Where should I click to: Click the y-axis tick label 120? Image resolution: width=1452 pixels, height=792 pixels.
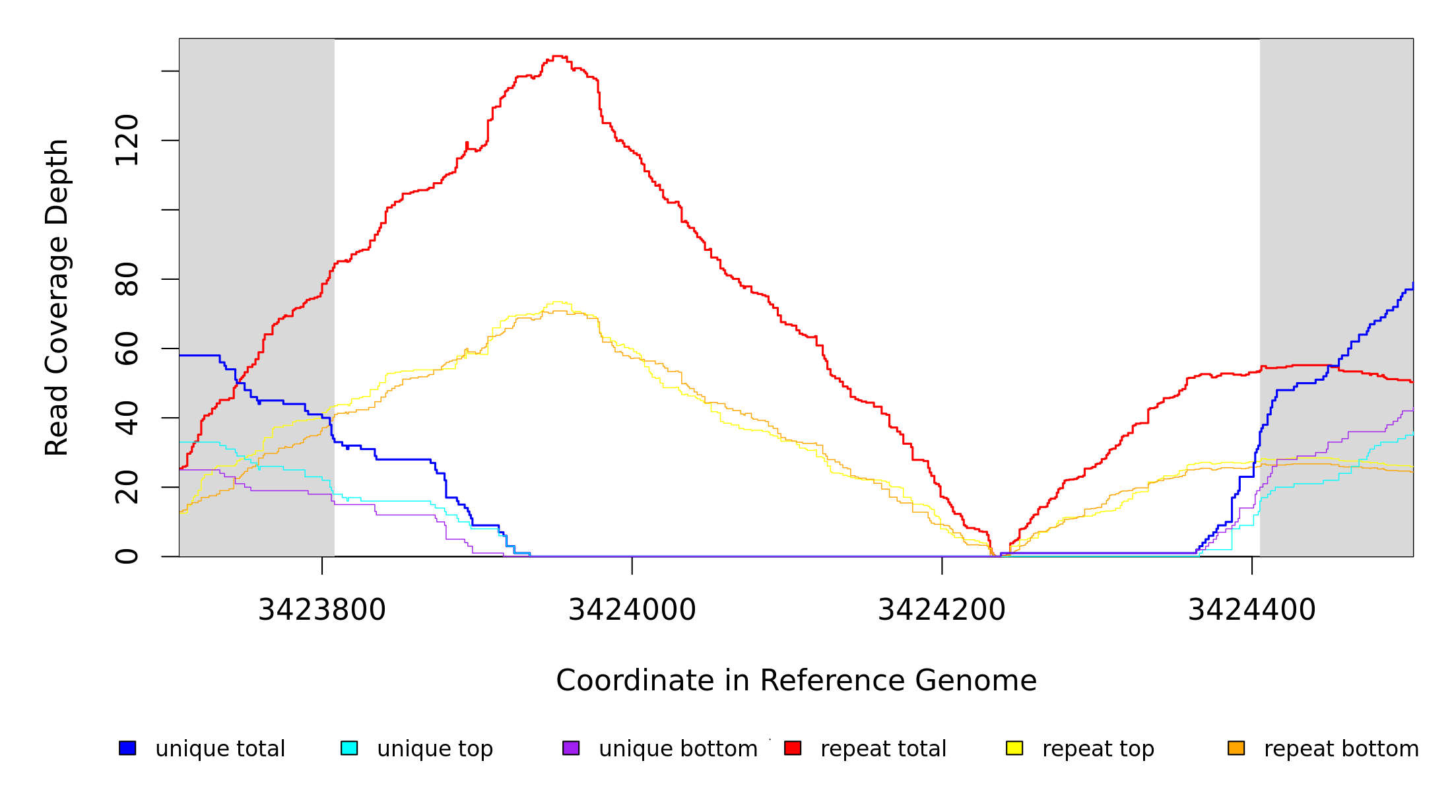[x=127, y=140]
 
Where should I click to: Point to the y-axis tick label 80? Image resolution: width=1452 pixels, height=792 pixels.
[x=127, y=279]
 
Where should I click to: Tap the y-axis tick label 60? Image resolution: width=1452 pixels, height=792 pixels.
[x=127, y=348]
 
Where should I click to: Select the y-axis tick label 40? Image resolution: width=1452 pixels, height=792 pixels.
[x=127, y=418]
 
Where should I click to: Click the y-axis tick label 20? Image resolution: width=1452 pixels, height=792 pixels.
[x=127, y=487]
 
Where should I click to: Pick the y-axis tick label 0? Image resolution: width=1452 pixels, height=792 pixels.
[x=127, y=556]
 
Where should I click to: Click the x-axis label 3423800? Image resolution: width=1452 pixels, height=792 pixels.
[x=322, y=610]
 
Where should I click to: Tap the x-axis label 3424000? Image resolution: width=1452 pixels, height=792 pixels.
[x=632, y=610]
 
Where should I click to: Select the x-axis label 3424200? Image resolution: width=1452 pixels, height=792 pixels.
[x=942, y=610]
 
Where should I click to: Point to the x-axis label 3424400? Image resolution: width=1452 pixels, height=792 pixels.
[x=1252, y=610]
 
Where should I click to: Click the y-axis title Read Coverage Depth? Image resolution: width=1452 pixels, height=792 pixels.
[x=57, y=297]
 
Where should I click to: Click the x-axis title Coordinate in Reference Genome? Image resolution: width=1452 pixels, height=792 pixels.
[x=796, y=680]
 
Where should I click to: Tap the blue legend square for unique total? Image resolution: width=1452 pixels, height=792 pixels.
[x=127, y=748]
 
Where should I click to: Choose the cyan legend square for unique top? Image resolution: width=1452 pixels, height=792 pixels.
[x=349, y=748]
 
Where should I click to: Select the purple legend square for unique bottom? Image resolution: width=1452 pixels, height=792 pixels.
[x=571, y=748]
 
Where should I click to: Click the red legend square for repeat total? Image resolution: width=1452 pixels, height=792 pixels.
[x=793, y=748]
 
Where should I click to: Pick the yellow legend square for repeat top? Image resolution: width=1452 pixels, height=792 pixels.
[x=1014, y=748]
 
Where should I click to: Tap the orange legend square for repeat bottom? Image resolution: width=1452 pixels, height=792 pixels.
[x=1236, y=748]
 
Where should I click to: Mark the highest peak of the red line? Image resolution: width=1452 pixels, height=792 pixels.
[x=558, y=56]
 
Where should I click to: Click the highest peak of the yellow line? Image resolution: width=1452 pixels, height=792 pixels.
[x=558, y=302]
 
